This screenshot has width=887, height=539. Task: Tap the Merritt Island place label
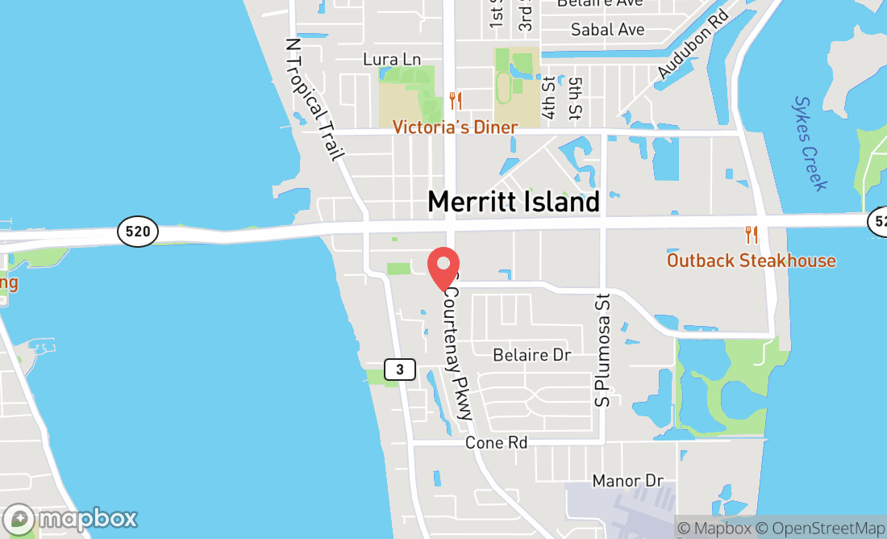pyautogui.click(x=514, y=202)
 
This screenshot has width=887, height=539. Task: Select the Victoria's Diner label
pyautogui.click(x=455, y=127)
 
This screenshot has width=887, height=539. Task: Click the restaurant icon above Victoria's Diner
pyautogui.click(x=456, y=101)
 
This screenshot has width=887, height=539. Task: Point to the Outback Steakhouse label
pyautogui.click(x=751, y=261)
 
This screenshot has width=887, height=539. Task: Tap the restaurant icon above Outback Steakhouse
pyautogui.click(x=752, y=235)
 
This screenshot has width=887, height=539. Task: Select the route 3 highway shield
pyautogui.click(x=399, y=370)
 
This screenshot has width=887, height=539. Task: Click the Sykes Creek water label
pyautogui.click(x=810, y=144)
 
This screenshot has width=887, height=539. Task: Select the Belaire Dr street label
pyautogui.click(x=531, y=355)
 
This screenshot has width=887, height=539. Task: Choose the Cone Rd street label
pyautogui.click(x=496, y=443)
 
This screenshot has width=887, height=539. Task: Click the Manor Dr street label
pyautogui.click(x=627, y=481)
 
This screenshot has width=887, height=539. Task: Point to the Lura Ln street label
pyautogui.click(x=392, y=60)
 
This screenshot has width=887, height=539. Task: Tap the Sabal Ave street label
pyautogui.click(x=607, y=30)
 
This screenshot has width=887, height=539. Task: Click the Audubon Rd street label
pyautogui.click(x=693, y=44)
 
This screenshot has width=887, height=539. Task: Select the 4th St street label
pyautogui.click(x=549, y=98)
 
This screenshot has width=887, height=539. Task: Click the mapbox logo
pyautogui.click(x=70, y=518)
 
